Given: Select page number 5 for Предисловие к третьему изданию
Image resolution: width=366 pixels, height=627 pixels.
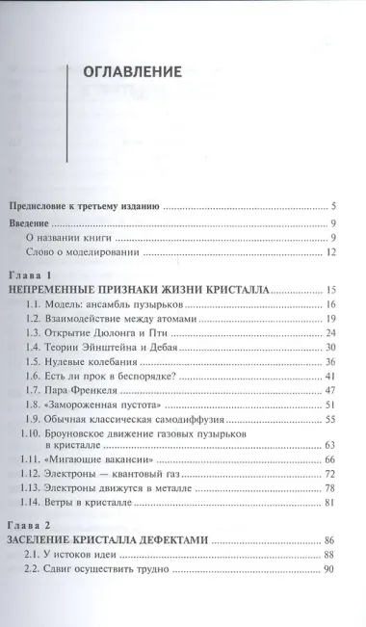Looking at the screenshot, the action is click(331, 206).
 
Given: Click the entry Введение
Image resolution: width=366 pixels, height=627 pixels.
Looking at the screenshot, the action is click(29, 223).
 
